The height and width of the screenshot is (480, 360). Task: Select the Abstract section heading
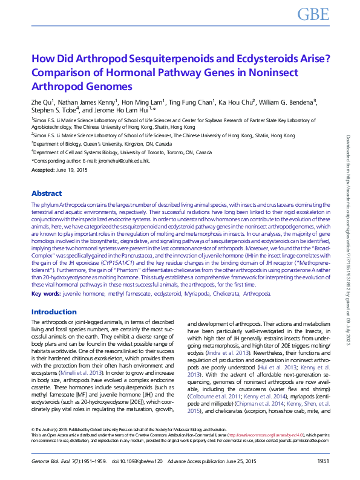(47, 194)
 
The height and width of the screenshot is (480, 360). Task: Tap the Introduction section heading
(54, 312)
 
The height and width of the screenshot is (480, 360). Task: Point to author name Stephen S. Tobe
(55, 111)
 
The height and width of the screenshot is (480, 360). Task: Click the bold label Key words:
(45, 293)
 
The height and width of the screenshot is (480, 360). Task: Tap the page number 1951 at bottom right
(323, 462)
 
